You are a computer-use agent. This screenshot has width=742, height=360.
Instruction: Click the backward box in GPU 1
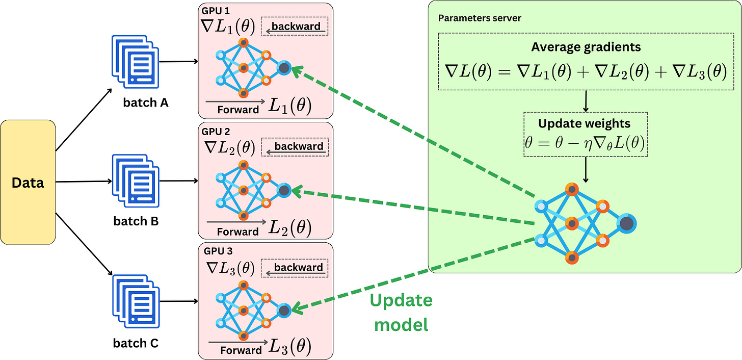[x=295, y=27]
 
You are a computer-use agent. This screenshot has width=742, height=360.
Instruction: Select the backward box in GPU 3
[x=295, y=268]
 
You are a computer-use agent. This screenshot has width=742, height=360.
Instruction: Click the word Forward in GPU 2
[x=237, y=232]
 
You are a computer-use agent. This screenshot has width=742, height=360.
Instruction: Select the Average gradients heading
[x=586, y=47]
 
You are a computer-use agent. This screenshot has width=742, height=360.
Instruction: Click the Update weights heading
[x=586, y=123]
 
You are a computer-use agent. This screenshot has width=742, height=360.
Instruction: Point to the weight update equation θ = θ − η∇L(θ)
[x=586, y=143]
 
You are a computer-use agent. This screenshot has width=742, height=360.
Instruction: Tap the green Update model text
[x=401, y=312]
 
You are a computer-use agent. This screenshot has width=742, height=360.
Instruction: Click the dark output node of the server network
[x=626, y=223]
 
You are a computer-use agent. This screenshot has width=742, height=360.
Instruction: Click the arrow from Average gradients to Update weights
[x=586, y=101]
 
